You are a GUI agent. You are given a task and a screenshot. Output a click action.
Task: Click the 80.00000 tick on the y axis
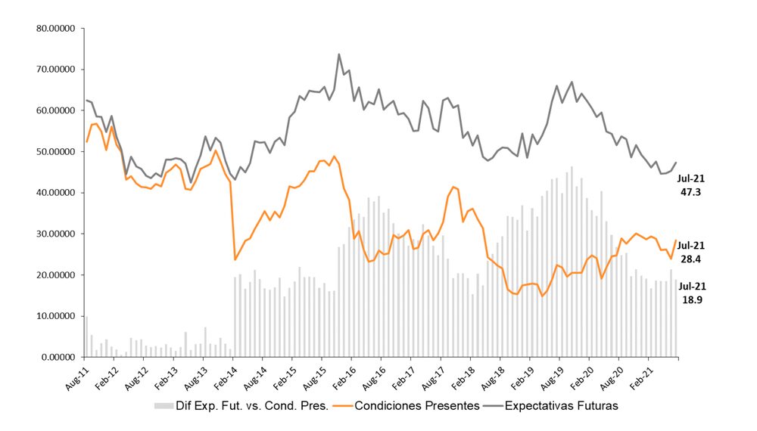coord(58,29)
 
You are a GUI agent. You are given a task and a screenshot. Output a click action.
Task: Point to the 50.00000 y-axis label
coord(58,152)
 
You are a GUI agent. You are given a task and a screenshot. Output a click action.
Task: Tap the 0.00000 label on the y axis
coord(61,357)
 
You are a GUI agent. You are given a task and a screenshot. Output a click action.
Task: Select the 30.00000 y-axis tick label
coord(58,234)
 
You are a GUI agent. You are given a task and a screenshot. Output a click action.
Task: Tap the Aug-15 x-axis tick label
coord(312,376)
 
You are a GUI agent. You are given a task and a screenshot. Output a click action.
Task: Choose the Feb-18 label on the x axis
coord(460,376)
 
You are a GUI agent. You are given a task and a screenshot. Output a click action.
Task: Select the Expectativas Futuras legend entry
coord(562,406)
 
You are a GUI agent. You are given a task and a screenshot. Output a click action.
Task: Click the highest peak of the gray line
coord(338,54)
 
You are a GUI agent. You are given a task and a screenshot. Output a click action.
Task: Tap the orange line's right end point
coord(675,240)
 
